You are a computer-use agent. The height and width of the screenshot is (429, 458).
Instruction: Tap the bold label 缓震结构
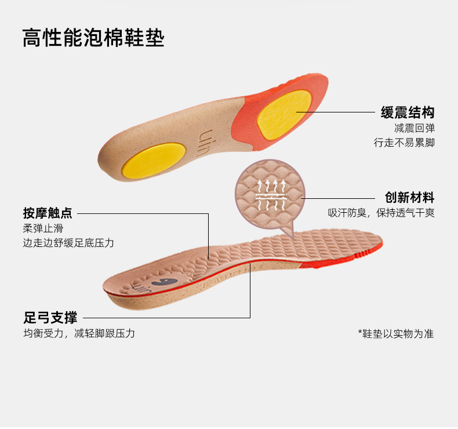point(407,112)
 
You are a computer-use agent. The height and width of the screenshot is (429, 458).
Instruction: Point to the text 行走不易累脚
point(404,143)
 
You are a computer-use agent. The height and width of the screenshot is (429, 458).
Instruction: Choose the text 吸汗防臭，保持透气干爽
point(381,213)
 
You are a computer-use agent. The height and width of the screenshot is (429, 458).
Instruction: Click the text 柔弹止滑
point(39,228)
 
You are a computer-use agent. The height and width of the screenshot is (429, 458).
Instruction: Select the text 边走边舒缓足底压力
point(68,243)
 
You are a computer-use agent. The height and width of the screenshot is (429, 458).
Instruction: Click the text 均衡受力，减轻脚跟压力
point(79,334)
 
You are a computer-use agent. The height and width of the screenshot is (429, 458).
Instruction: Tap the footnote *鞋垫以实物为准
point(396,334)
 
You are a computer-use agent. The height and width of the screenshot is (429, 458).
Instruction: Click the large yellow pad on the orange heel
point(284,112)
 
